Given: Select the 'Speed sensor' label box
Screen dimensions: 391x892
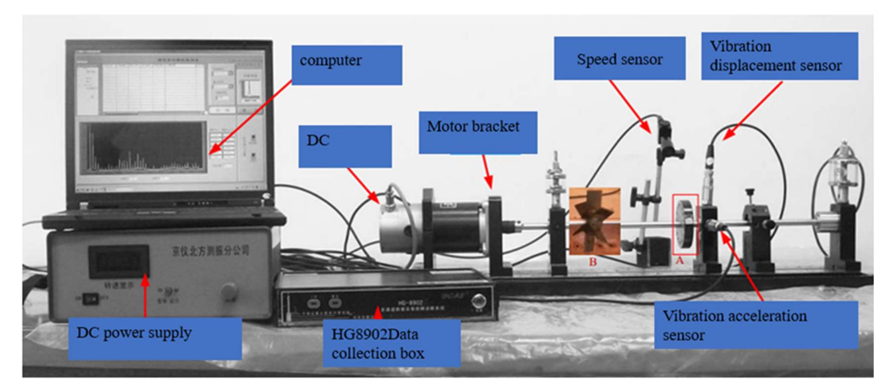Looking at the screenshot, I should (x=619, y=58).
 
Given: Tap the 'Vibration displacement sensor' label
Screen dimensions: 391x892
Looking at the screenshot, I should (x=779, y=56).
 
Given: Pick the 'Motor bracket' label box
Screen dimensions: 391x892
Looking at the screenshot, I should (x=478, y=132).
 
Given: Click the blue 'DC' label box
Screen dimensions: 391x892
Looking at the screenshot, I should (x=345, y=146).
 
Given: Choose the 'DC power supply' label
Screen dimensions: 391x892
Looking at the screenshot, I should (x=155, y=338).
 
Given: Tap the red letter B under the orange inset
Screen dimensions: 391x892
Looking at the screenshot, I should (x=593, y=262).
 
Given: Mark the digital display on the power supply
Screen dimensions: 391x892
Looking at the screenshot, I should (x=119, y=261).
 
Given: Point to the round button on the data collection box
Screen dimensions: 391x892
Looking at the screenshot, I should (x=478, y=301).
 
